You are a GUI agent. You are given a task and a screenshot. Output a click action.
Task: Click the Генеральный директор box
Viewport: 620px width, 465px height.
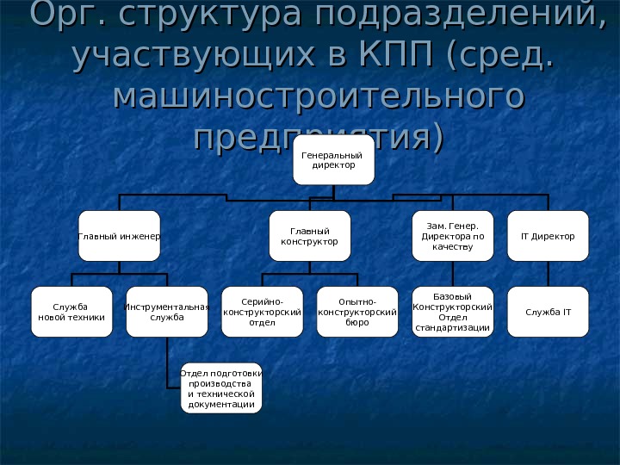pyautogui.click(x=333, y=159)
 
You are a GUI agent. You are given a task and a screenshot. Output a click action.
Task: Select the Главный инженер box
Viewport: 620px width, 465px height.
pyautogui.click(x=120, y=235)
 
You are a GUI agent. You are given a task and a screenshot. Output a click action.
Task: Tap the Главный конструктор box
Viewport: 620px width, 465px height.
pyautogui.click(x=310, y=235)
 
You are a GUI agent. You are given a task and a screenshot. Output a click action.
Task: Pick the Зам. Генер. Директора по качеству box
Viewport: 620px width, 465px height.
pyautogui.click(x=453, y=235)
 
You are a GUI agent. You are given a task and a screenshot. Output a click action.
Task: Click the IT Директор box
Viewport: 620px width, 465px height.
pyautogui.click(x=548, y=235)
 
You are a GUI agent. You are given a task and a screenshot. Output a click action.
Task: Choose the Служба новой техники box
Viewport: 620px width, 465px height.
pyautogui.click(x=71, y=312)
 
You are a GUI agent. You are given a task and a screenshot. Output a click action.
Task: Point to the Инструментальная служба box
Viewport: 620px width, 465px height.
pyautogui.click(x=167, y=312)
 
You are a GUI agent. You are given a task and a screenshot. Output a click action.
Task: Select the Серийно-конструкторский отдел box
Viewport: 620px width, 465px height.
pyautogui.click(x=262, y=312)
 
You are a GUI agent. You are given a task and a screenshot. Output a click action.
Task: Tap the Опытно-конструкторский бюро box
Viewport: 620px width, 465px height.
pyautogui.click(x=357, y=312)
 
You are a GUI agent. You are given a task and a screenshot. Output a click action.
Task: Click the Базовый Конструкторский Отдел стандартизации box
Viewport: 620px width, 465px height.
pyautogui.click(x=453, y=312)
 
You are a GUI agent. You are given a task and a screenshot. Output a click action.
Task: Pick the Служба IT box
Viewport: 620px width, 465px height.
pyautogui.click(x=548, y=312)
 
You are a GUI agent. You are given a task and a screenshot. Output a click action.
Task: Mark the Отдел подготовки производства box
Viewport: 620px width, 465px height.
pyautogui.click(x=221, y=387)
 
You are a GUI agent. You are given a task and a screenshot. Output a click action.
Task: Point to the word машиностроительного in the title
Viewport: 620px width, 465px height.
pyautogui.click(x=319, y=96)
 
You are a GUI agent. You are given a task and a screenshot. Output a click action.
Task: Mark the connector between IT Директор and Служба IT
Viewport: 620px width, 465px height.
pyautogui.click(x=548, y=274)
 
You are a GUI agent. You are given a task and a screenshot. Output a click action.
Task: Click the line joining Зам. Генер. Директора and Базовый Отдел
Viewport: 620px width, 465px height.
pyautogui.click(x=453, y=274)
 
